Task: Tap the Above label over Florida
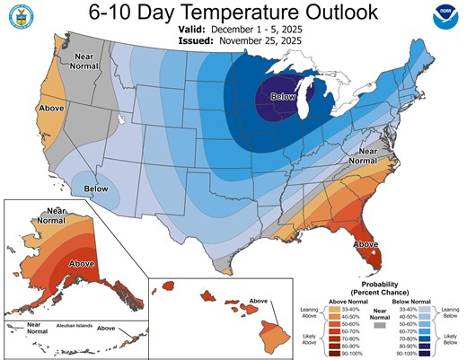[366, 242]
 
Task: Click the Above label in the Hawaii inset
[259, 300]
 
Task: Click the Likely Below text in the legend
[453, 340]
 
